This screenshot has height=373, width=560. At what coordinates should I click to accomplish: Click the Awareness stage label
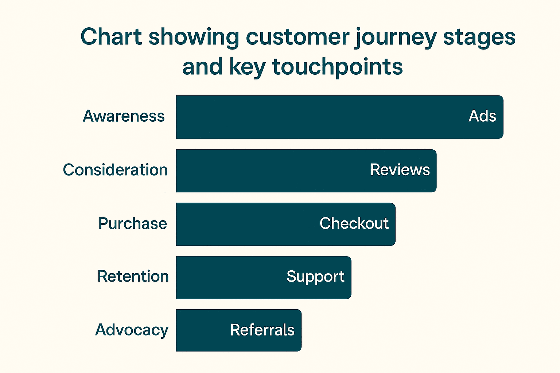click(124, 116)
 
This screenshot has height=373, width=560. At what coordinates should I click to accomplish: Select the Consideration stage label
click(115, 170)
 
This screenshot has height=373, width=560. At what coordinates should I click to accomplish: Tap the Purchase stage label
click(132, 223)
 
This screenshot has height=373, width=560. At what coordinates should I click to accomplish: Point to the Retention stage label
click(133, 276)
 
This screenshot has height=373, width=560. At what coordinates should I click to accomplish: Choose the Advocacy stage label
click(132, 330)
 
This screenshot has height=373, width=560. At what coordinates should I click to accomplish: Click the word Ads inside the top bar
click(482, 116)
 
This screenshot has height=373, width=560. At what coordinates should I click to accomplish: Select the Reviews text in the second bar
click(400, 170)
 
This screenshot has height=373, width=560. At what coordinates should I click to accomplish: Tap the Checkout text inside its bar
click(354, 223)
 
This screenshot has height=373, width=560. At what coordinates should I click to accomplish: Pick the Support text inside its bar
click(315, 277)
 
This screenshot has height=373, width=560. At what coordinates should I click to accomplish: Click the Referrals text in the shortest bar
click(262, 330)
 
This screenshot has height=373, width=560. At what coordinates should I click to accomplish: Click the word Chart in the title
click(111, 37)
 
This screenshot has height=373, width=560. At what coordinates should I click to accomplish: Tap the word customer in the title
click(297, 38)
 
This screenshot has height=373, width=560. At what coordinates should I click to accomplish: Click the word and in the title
click(202, 67)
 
